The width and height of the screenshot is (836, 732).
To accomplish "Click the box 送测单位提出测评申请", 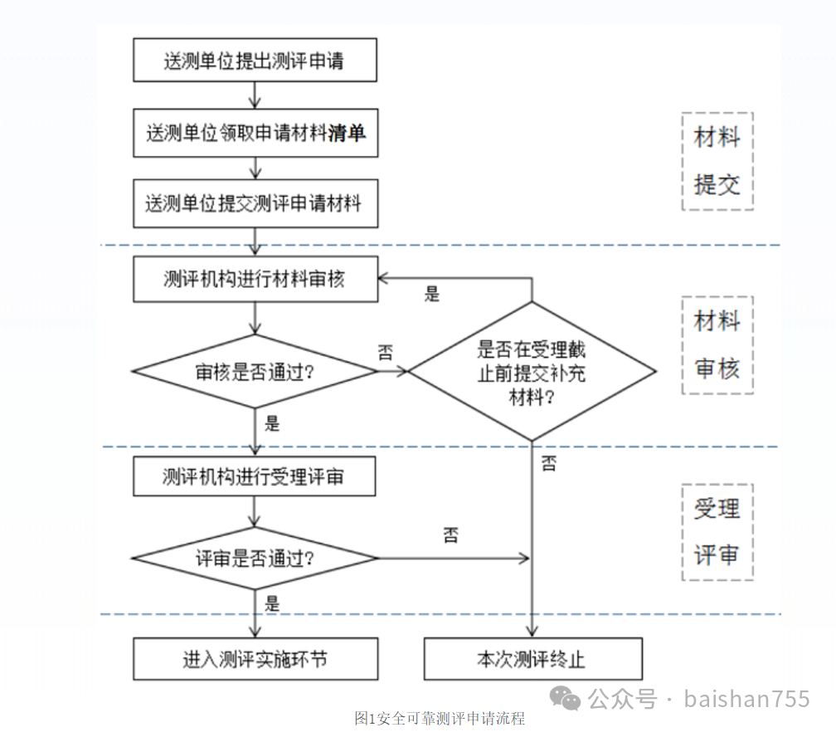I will tap(255, 61).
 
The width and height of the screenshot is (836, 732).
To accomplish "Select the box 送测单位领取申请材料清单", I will tap(255, 133).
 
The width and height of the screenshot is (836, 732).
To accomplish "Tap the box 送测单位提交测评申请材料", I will tap(255, 204).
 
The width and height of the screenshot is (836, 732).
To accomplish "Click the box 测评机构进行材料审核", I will tap(255, 280).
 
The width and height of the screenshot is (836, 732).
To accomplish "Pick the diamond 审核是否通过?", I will tap(255, 371).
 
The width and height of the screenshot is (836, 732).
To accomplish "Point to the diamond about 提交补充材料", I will tap(532, 371).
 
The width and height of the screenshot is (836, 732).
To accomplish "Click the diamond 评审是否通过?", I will tap(255, 558).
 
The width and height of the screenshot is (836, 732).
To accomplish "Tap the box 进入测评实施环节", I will tap(255, 659).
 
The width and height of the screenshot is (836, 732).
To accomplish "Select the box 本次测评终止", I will tap(532, 659).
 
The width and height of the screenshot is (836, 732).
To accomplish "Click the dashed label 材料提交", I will tap(717, 161).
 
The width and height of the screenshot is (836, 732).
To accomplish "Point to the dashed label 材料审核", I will tap(717, 344).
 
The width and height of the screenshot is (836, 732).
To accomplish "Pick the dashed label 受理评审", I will tap(717, 532).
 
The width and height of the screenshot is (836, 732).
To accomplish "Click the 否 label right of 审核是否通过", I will tap(386, 352).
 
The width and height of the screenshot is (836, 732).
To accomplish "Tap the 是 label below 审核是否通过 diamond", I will tap(272, 424).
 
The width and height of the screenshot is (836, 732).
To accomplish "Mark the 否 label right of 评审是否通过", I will tap(450, 535).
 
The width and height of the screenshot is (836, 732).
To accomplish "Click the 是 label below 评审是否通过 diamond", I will tap(272, 603).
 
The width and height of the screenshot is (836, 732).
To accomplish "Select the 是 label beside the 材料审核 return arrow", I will tap(432, 294).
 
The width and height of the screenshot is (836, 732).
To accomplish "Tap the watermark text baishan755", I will tap(746, 700).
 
